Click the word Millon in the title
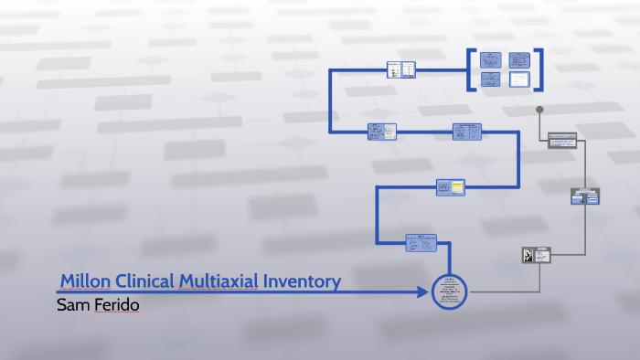(x=86, y=281)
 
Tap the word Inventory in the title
(x=302, y=281)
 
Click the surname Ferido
(x=116, y=304)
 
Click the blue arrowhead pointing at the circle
(x=421, y=292)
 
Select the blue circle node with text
(x=449, y=291)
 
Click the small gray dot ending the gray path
(x=540, y=111)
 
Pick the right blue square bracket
(x=539, y=69)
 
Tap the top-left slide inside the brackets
(x=491, y=59)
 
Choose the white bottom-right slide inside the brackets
(x=519, y=79)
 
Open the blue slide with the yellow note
(x=451, y=187)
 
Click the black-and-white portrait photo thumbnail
(x=528, y=256)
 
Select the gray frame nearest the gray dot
(x=562, y=140)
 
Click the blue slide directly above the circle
(x=421, y=242)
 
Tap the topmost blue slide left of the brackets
(x=401, y=69)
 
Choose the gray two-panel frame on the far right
(x=584, y=196)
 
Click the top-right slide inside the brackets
(x=519, y=59)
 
